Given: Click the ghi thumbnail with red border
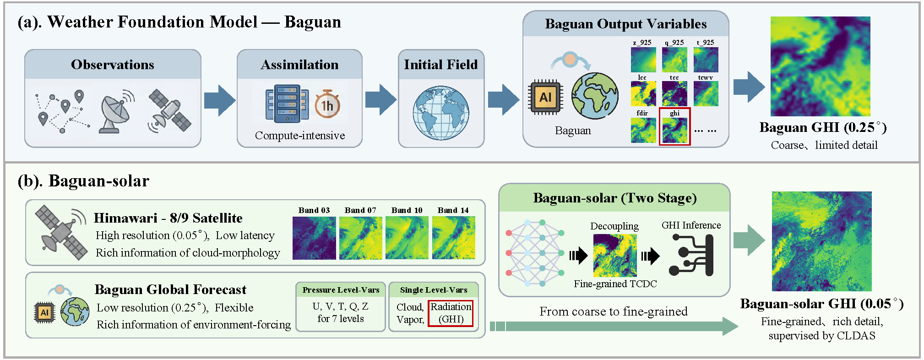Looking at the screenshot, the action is pyautogui.click(x=674, y=130).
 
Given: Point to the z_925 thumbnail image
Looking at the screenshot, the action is pyautogui.click(x=643, y=60).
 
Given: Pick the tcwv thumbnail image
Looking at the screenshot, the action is pyautogui.click(x=706, y=93).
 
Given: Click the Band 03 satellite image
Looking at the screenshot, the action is pyautogui.click(x=314, y=238).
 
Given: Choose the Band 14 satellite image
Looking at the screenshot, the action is pyautogui.click(x=453, y=238).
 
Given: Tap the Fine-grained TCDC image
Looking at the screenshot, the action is pyautogui.click(x=615, y=256).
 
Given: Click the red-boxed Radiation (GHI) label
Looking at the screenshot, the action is pyautogui.click(x=451, y=313).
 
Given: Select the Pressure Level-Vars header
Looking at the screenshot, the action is pyautogui.click(x=341, y=290).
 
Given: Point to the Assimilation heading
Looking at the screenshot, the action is pyautogui.click(x=299, y=65).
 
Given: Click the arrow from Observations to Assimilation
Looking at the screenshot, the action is pyautogui.click(x=219, y=100).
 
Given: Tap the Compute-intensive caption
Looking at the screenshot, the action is pyautogui.click(x=300, y=136).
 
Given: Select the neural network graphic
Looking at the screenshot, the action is pyautogui.click(x=534, y=253).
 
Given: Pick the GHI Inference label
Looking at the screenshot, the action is pyautogui.click(x=691, y=225).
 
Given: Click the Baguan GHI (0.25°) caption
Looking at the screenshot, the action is pyautogui.click(x=823, y=127).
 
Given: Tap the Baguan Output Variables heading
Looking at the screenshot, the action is pyautogui.click(x=625, y=24).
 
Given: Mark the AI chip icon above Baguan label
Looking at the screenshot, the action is pyautogui.click(x=545, y=97).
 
